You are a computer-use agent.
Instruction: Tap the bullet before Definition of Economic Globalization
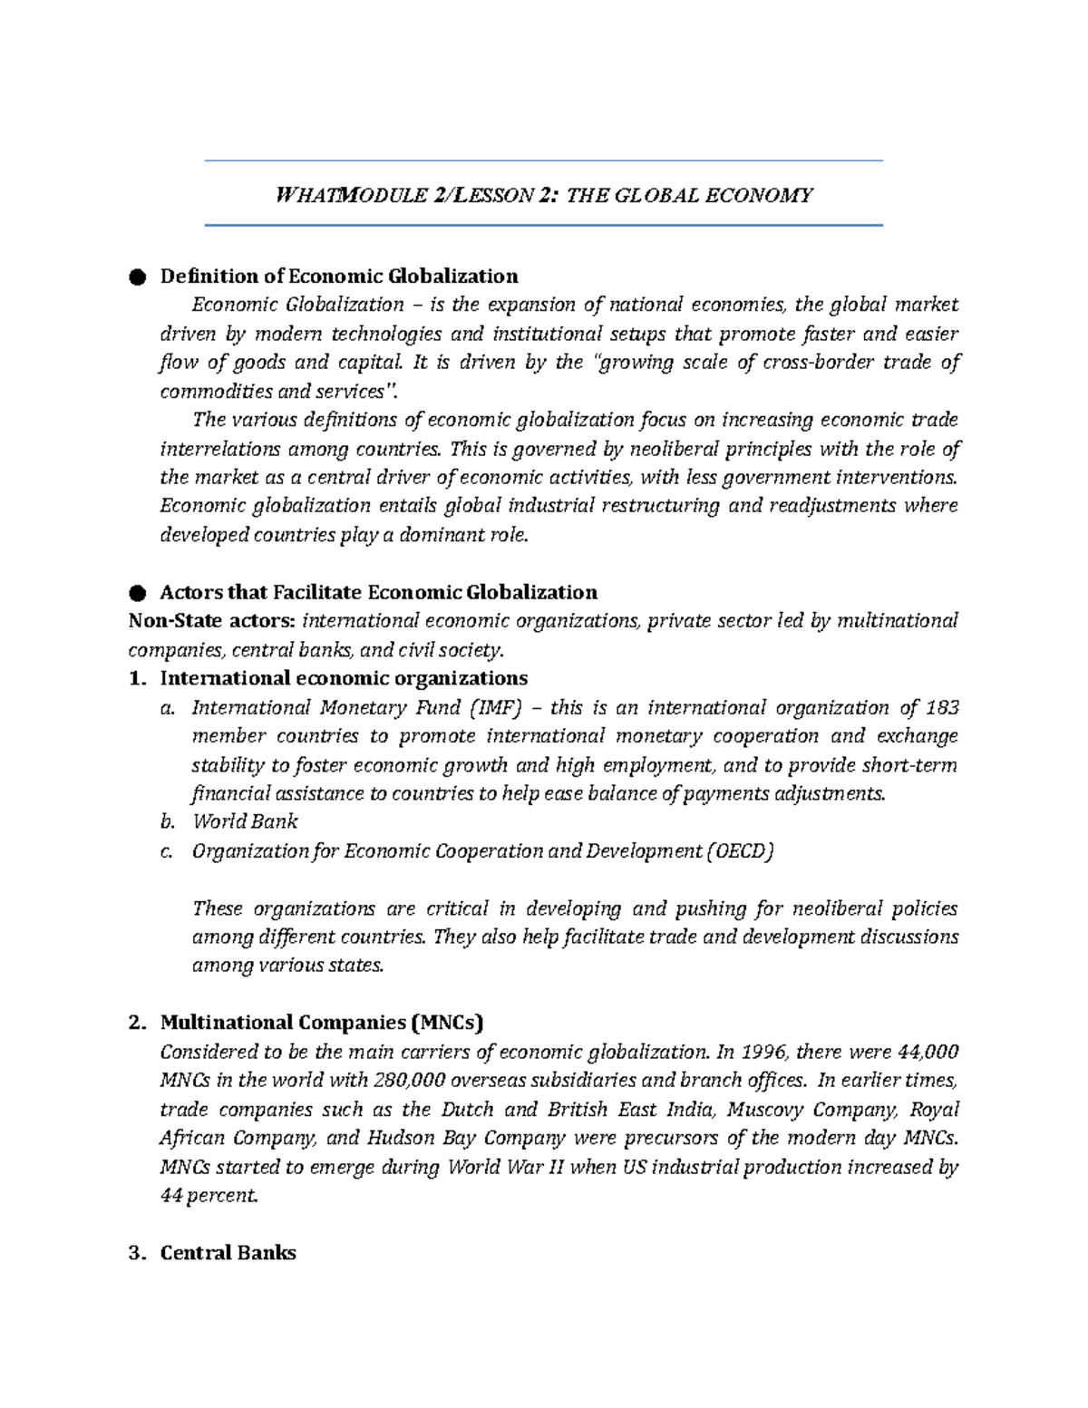[x=137, y=277]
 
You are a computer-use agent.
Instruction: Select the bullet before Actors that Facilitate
[x=137, y=593]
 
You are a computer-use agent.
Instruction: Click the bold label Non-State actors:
[x=211, y=621]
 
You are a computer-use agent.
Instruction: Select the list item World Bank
[x=245, y=821]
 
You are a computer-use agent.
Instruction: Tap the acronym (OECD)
[x=741, y=850]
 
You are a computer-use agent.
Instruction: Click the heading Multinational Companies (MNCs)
[x=322, y=1023]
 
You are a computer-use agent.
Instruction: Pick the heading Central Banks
[x=228, y=1253]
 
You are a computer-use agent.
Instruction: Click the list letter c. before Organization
[x=166, y=850]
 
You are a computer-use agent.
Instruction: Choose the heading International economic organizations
[x=344, y=678]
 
